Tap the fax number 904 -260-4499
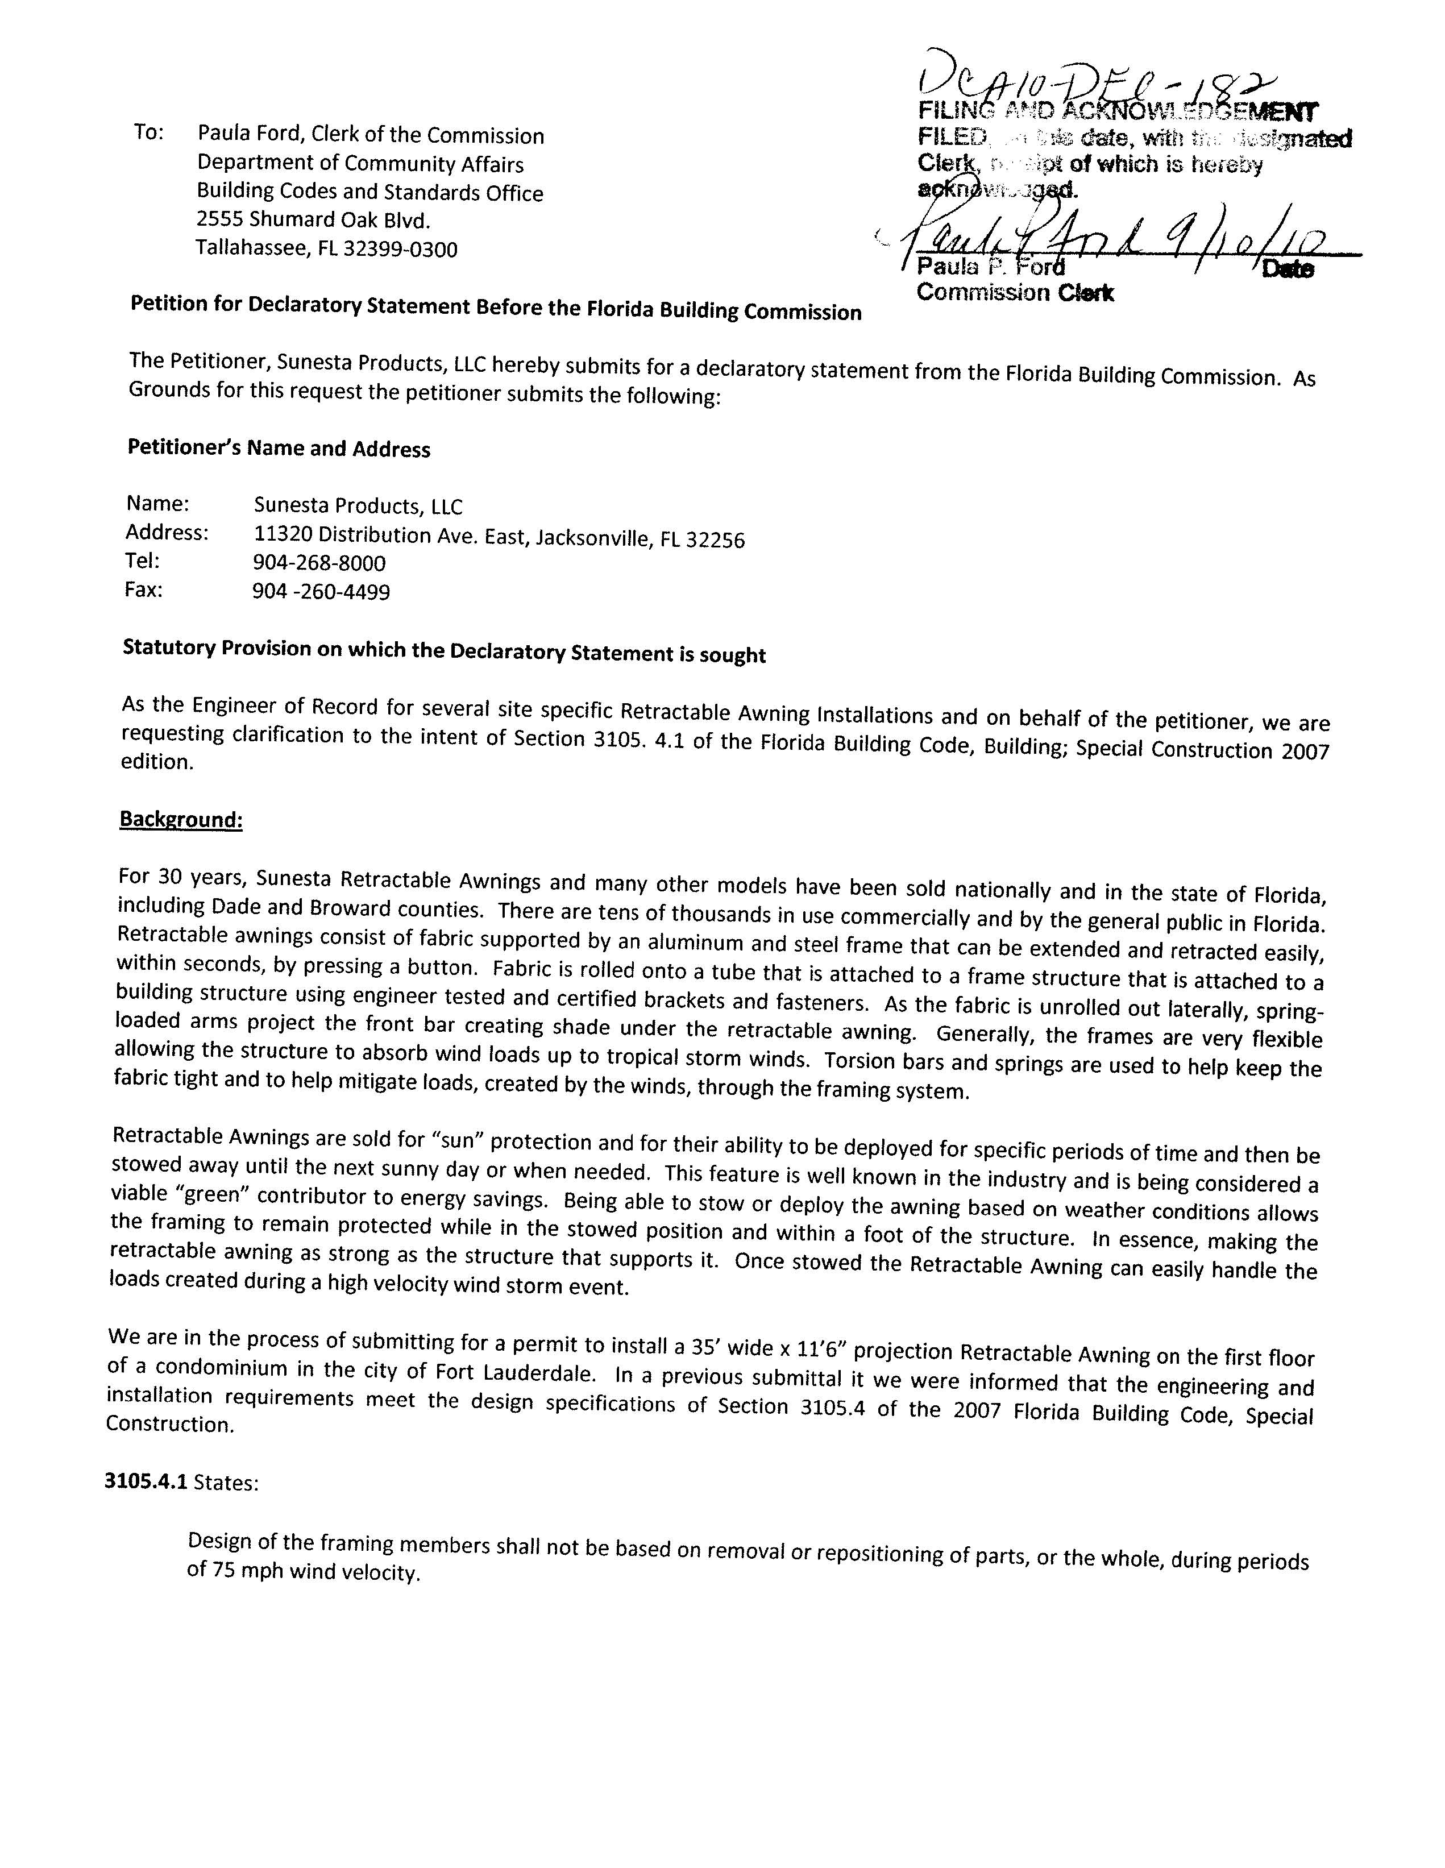(x=322, y=592)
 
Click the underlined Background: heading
(x=181, y=819)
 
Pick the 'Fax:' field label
(x=144, y=590)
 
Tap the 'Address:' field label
(x=167, y=532)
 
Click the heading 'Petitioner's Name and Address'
(x=279, y=448)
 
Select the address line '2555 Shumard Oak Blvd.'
(x=313, y=220)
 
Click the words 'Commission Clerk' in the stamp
(x=1014, y=293)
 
